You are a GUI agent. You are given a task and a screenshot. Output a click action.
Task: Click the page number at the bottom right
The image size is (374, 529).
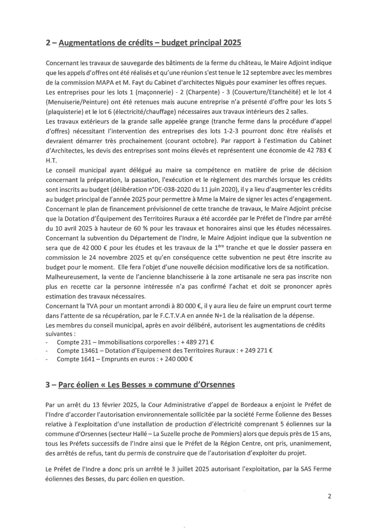click(329, 496)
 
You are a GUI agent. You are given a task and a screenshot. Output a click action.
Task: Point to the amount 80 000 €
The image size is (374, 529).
click(187, 306)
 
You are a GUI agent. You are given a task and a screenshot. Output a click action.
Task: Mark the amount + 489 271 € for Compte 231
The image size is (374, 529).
click(198, 342)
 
